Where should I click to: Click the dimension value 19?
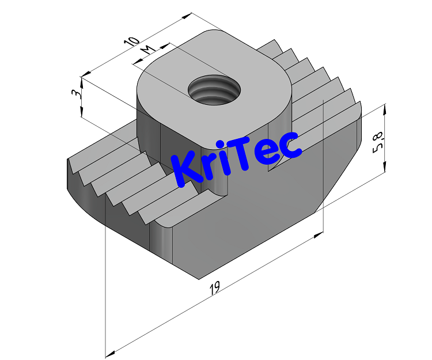(x=214, y=287)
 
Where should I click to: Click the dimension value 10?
(x=132, y=43)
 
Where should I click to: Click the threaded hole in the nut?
(x=214, y=90)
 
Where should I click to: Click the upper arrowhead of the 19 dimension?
(x=318, y=234)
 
